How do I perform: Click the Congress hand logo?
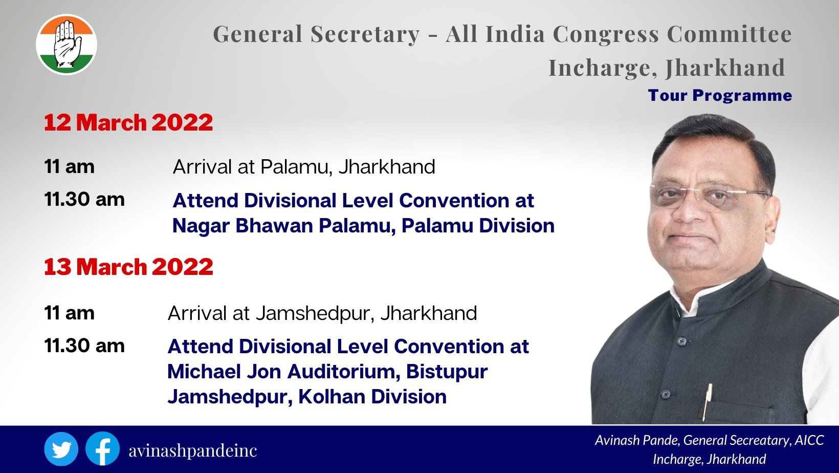coord(67,45)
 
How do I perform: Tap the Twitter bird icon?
coord(61,449)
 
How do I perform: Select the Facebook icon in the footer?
coord(102,449)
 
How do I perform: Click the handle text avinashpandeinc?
coord(193,450)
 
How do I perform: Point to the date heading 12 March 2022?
coord(128,122)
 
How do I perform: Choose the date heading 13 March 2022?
coord(128,267)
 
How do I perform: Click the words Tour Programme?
coord(720,96)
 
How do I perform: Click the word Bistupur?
coord(447,372)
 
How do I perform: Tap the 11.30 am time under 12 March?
coord(84,200)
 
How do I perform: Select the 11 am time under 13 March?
coord(69,313)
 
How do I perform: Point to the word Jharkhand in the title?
coord(725,68)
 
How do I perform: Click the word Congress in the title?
coord(606,34)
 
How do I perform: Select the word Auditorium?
coord(342,372)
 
